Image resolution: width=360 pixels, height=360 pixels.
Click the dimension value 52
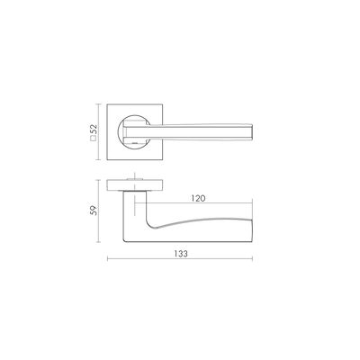94,129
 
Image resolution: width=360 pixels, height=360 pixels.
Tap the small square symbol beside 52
94,139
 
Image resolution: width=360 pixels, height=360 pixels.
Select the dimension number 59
94,211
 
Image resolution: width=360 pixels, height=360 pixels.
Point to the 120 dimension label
198,198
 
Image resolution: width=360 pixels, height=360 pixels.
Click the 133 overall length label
181,254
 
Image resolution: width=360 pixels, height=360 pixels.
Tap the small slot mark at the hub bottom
135,145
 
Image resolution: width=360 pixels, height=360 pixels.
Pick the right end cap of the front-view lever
252,132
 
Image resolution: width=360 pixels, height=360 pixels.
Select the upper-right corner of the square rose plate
163,104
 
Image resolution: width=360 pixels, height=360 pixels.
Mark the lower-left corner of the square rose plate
107,160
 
